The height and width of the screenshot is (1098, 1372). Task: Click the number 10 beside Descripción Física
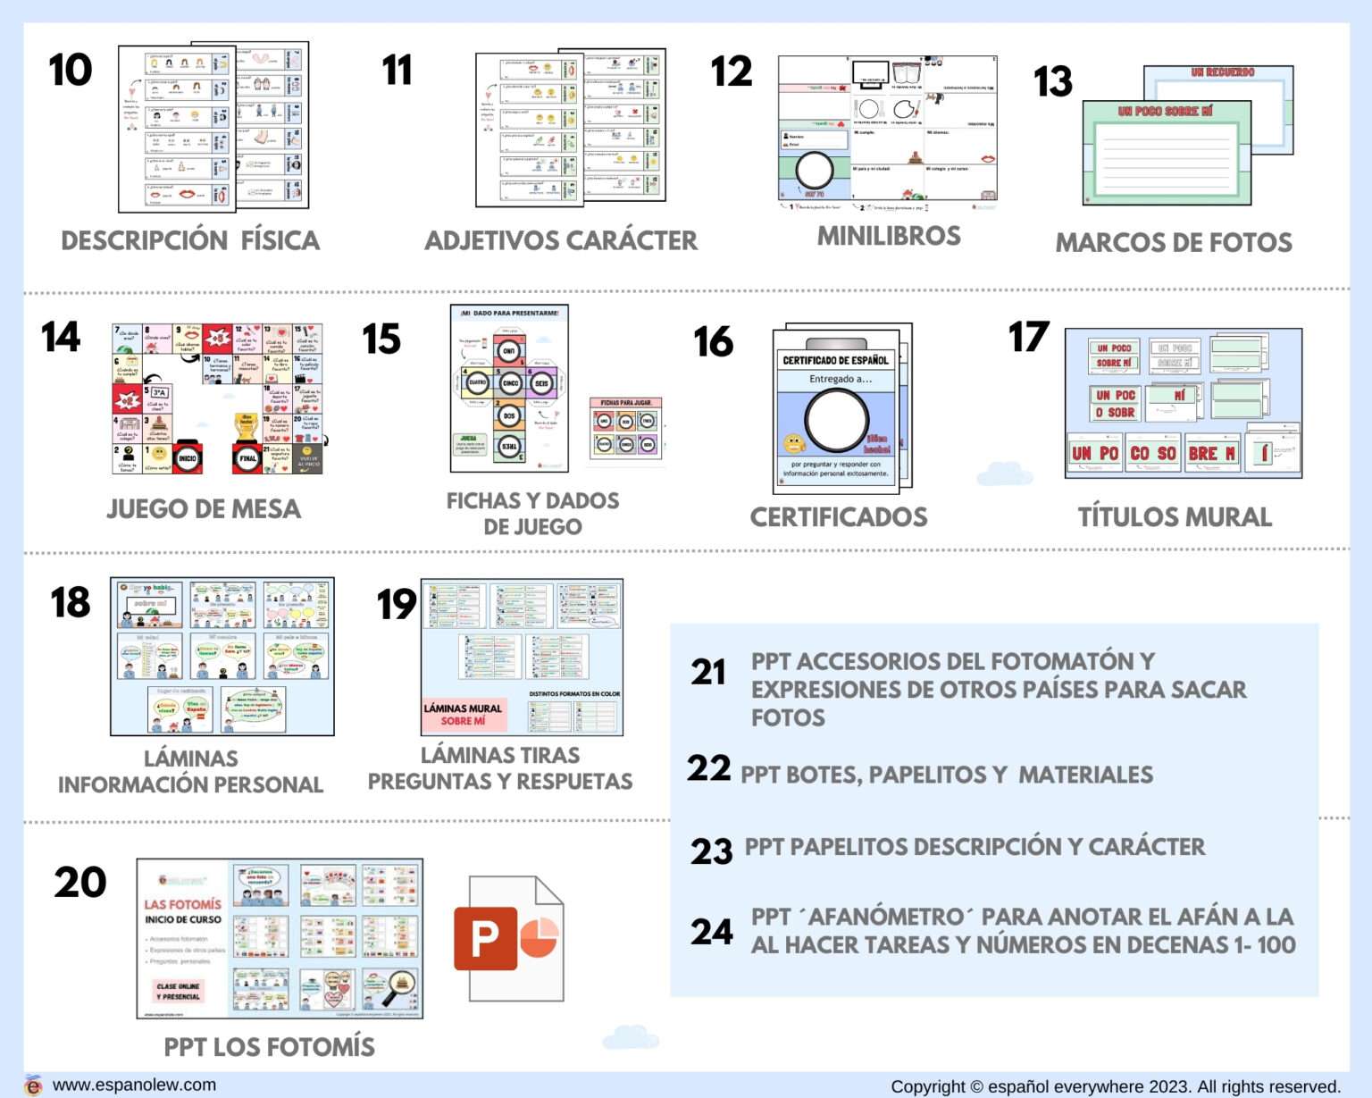click(x=71, y=71)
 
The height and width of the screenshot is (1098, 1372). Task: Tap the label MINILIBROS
click(x=889, y=236)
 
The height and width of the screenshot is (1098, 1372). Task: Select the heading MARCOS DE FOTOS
click(x=1173, y=242)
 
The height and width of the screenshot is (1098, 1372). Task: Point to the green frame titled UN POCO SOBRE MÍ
click(x=1166, y=152)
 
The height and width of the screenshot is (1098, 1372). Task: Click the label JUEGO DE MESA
click(x=204, y=508)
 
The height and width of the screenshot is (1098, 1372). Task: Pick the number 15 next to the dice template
click(x=381, y=339)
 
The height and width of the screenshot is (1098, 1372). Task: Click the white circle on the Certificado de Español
click(x=836, y=421)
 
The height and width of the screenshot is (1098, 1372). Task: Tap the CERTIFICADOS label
click(x=838, y=516)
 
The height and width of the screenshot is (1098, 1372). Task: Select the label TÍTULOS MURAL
click(x=1174, y=516)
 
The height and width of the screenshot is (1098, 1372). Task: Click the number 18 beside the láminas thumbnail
click(x=71, y=602)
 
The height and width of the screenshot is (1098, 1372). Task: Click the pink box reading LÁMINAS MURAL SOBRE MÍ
click(x=463, y=714)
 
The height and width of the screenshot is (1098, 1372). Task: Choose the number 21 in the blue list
click(x=708, y=672)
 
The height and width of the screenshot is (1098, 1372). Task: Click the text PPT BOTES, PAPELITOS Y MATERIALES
click(x=946, y=775)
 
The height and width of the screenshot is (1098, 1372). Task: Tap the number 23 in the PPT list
click(x=711, y=851)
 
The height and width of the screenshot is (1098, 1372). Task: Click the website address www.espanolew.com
click(x=134, y=1085)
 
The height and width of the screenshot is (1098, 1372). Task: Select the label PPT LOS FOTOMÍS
click(x=269, y=1046)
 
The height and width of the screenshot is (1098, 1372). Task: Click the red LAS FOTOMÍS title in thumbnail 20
click(x=182, y=904)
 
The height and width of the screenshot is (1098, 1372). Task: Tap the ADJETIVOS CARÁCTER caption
click(x=561, y=240)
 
